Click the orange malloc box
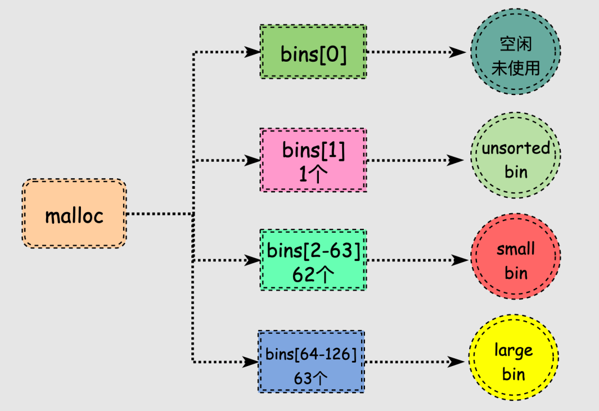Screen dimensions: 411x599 click(74, 214)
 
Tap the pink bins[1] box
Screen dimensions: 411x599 click(313, 160)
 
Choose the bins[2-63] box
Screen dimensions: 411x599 click(313, 259)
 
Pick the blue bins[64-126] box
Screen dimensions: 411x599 click(311, 362)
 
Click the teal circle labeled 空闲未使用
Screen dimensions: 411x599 click(515, 55)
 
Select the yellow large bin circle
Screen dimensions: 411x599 click(514, 362)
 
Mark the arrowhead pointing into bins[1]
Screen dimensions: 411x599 click(253, 160)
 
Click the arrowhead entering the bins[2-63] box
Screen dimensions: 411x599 click(253, 260)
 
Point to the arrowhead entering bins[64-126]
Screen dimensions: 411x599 click(251, 362)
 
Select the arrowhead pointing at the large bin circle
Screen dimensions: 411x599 click(456, 362)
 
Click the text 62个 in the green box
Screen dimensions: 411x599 click(313, 274)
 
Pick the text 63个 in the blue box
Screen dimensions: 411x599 click(311, 378)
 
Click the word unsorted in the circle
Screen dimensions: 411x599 click(515, 148)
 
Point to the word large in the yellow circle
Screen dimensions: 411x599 click(514, 350)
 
